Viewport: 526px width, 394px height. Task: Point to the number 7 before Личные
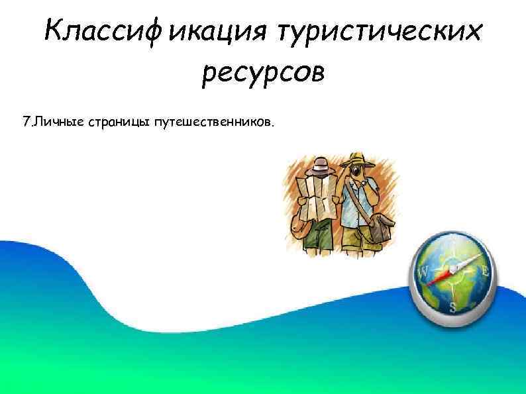(26, 123)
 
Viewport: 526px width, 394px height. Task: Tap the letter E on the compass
(485, 270)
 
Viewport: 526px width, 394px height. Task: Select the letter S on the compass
(453, 306)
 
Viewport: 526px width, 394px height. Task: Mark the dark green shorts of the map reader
(321, 231)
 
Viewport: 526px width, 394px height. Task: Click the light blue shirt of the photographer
(358, 202)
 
